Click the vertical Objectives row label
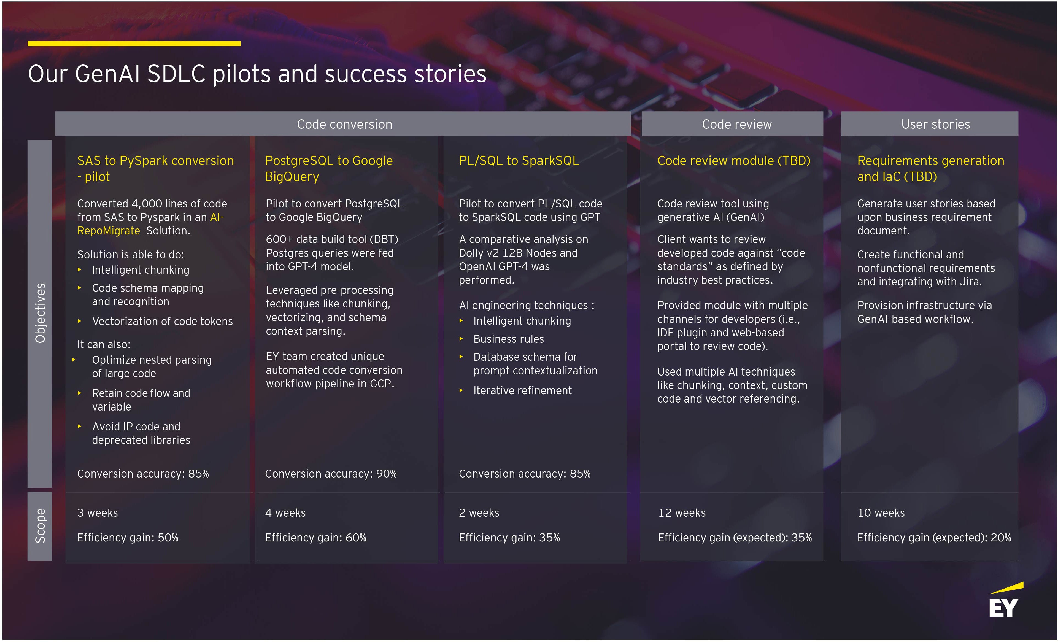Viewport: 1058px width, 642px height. coord(40,314)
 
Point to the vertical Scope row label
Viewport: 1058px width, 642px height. coord(40,526)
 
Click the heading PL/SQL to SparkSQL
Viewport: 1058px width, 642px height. coord(519,161)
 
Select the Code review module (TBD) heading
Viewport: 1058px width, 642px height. coord(734,161)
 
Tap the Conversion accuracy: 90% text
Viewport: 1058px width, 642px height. coord(331,474)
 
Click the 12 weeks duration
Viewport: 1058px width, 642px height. coord(682,513)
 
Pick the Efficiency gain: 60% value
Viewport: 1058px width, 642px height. coord(315,538)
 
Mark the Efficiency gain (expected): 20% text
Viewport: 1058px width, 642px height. coord(934,538)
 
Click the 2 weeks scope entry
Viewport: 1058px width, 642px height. coord(479,513)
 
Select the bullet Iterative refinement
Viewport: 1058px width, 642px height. coord(522,390)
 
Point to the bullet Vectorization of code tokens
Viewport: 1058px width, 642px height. coord(162,321)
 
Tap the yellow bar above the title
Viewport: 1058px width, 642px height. coord(134,43)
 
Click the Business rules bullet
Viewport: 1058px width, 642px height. coord(508,339)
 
